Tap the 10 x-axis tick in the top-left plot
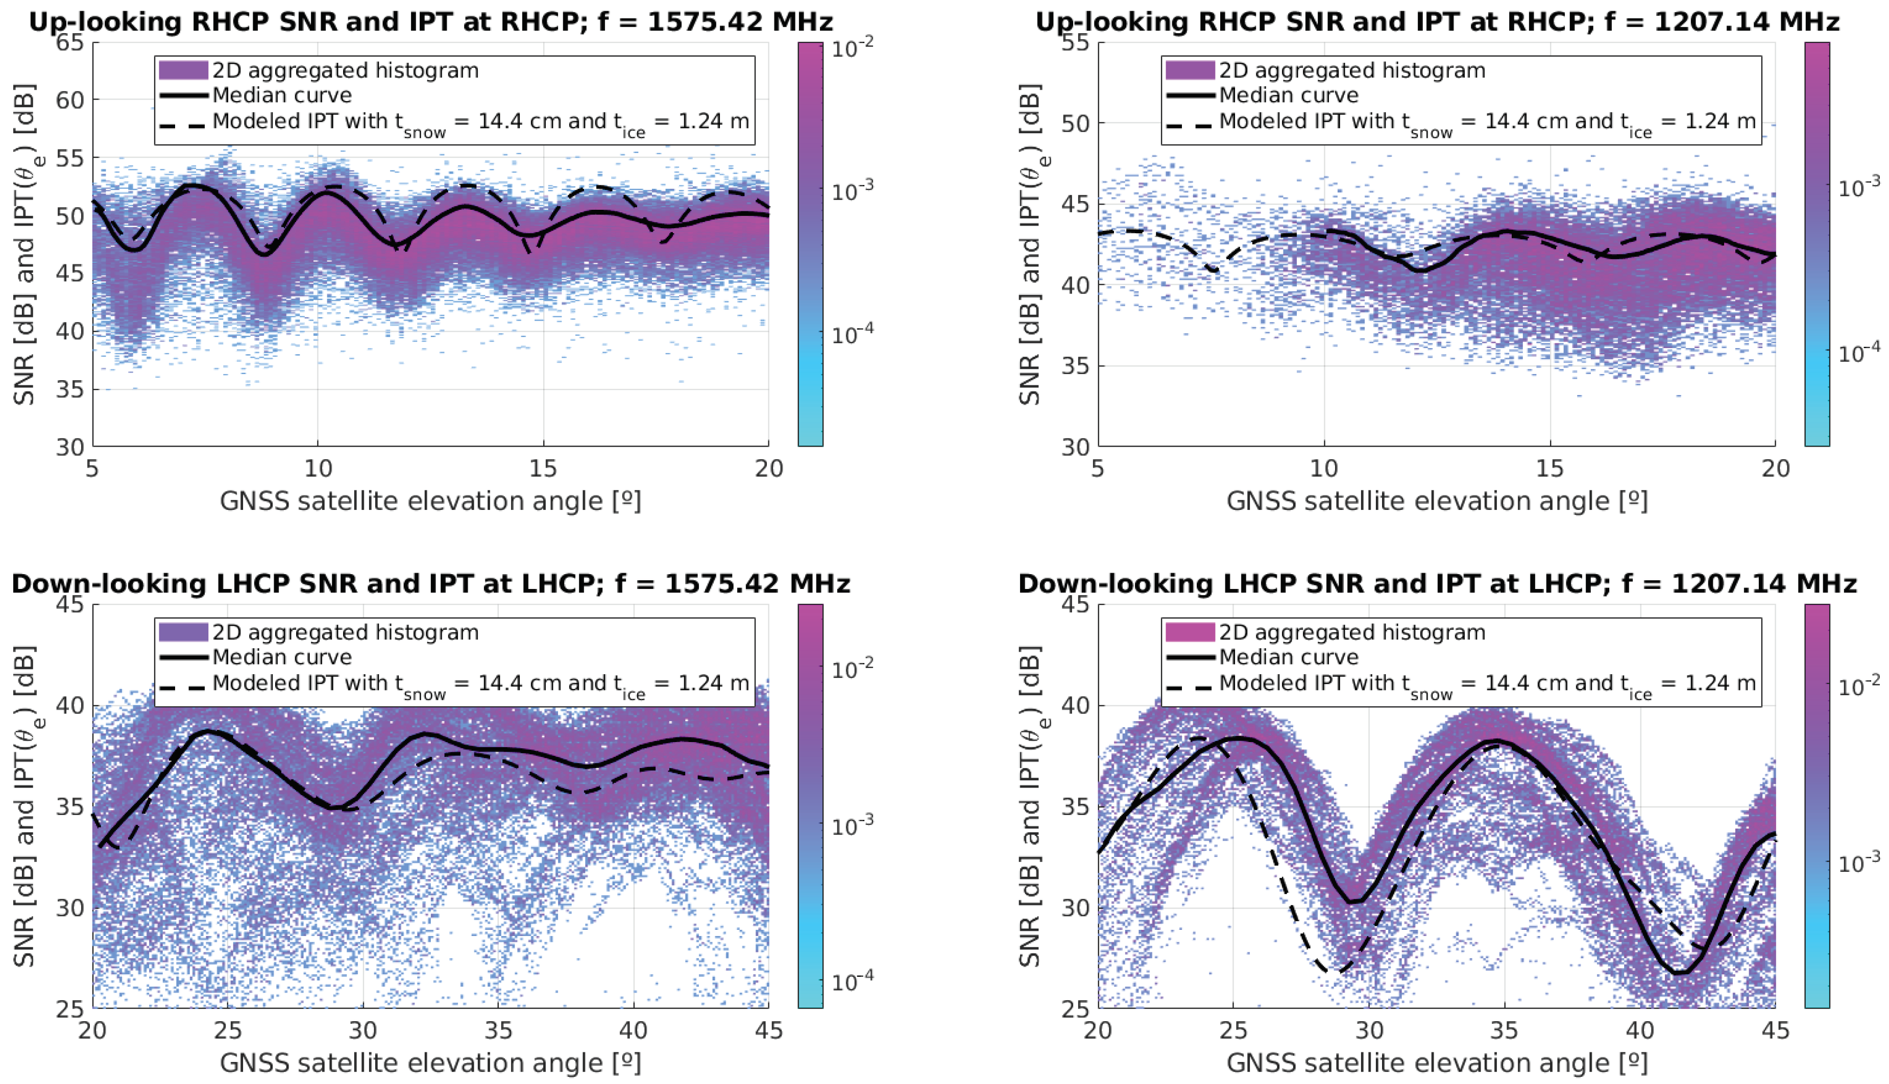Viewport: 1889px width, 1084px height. pyautogui.click(x=318, y=469)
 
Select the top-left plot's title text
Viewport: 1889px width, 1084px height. pyautogui.click(x=430, y=21)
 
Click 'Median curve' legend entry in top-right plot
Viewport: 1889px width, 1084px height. pyautogui.click(x=1288, y=95)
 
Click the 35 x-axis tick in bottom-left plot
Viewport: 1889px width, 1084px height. pyautogui.click(x=499, y=1030)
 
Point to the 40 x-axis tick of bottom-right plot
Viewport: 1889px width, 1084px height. pyautogui.click(x=1639, y=1030)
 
